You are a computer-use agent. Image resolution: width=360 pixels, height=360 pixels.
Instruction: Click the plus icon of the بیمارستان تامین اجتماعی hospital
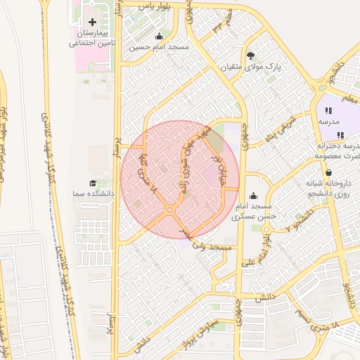[92, 23]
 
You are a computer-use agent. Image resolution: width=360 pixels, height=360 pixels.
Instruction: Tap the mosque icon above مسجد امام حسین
[159, 37]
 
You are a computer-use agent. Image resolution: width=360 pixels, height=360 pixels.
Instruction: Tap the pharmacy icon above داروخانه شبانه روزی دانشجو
[328, 172]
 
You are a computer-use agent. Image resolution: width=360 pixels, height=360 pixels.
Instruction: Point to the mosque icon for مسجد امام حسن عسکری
[253, 196]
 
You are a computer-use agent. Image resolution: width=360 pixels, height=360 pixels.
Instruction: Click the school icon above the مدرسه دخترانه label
[340, 134]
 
